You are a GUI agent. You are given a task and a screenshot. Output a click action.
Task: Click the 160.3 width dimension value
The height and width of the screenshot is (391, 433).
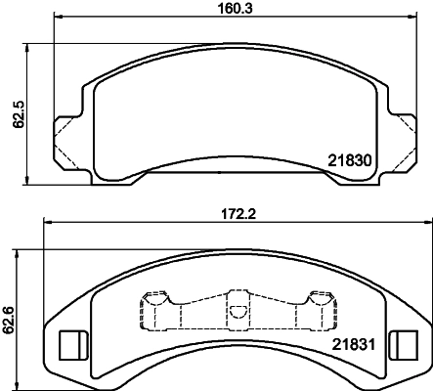coord(235,9)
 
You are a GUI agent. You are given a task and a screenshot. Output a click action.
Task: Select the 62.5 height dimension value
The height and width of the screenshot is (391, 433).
coord(19,114)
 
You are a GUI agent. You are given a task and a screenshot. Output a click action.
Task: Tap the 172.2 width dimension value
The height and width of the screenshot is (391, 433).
coord(238,214)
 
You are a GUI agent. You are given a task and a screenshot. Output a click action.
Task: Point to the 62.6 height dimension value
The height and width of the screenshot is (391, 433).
coord(8,321)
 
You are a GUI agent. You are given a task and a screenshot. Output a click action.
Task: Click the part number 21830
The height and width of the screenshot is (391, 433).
coord(350,160)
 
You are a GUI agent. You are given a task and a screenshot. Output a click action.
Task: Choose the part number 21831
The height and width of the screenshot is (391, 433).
coord(354,344)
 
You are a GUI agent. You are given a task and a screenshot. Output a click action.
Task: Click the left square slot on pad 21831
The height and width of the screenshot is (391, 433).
coord(73,345)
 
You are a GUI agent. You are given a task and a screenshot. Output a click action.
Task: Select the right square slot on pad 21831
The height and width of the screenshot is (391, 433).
coord(404,345)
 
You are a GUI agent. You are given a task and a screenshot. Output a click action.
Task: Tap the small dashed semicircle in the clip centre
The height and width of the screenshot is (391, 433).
coord(238,312)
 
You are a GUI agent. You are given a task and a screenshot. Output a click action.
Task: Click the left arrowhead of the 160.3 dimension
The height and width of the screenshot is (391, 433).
coord(58,16)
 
